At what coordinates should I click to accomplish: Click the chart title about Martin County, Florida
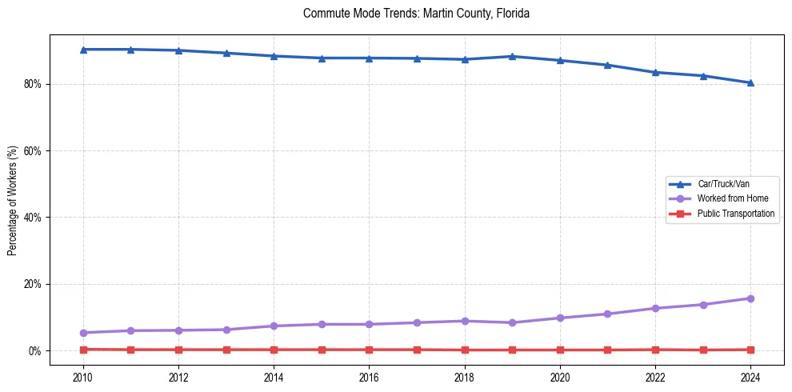416,14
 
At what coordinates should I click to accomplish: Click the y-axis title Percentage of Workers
12,200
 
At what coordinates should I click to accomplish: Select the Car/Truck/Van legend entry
722,184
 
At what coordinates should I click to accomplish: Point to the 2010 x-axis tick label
83,378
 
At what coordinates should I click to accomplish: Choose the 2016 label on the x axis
369,378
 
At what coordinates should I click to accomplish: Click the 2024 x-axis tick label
750,378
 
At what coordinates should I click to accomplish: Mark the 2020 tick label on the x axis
560,378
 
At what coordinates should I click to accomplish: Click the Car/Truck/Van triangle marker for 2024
750,82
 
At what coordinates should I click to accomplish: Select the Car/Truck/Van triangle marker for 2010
83,50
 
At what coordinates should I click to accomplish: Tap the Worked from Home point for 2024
750,298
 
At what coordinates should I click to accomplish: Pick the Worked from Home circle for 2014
274,326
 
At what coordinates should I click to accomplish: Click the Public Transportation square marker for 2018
465,350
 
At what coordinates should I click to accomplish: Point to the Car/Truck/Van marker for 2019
512,56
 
